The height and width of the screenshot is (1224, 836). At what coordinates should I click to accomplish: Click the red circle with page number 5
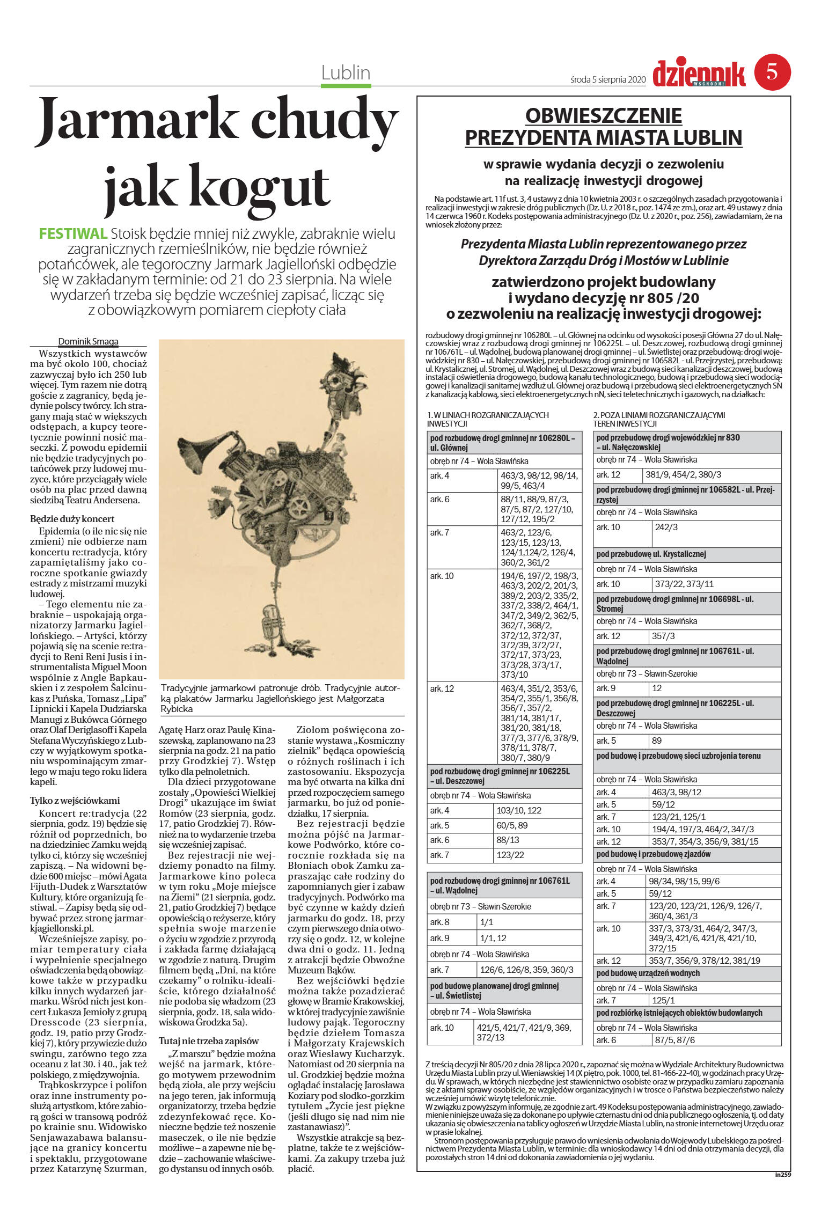point(772,72)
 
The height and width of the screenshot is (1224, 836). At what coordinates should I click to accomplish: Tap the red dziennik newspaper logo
point(699,74)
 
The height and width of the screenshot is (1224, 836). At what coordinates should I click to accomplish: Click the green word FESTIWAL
point(73,233)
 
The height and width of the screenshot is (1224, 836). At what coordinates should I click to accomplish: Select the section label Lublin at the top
point(346,73)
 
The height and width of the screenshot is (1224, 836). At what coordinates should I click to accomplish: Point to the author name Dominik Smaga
point(88,341)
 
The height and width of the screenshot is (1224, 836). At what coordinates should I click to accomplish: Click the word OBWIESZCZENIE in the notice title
point(603,116)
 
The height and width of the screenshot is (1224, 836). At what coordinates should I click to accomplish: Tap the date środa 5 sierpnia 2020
point(607,80)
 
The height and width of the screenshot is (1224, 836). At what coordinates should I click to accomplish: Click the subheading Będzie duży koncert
point(72,519)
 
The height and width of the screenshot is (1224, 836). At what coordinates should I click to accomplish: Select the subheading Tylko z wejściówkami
point(75,801)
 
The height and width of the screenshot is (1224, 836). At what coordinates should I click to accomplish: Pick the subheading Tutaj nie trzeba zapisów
point(209,1041)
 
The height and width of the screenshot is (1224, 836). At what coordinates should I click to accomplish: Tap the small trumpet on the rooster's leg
point(270,621)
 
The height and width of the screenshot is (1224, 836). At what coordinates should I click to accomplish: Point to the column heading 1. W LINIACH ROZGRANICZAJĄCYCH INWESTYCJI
point(488,419)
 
